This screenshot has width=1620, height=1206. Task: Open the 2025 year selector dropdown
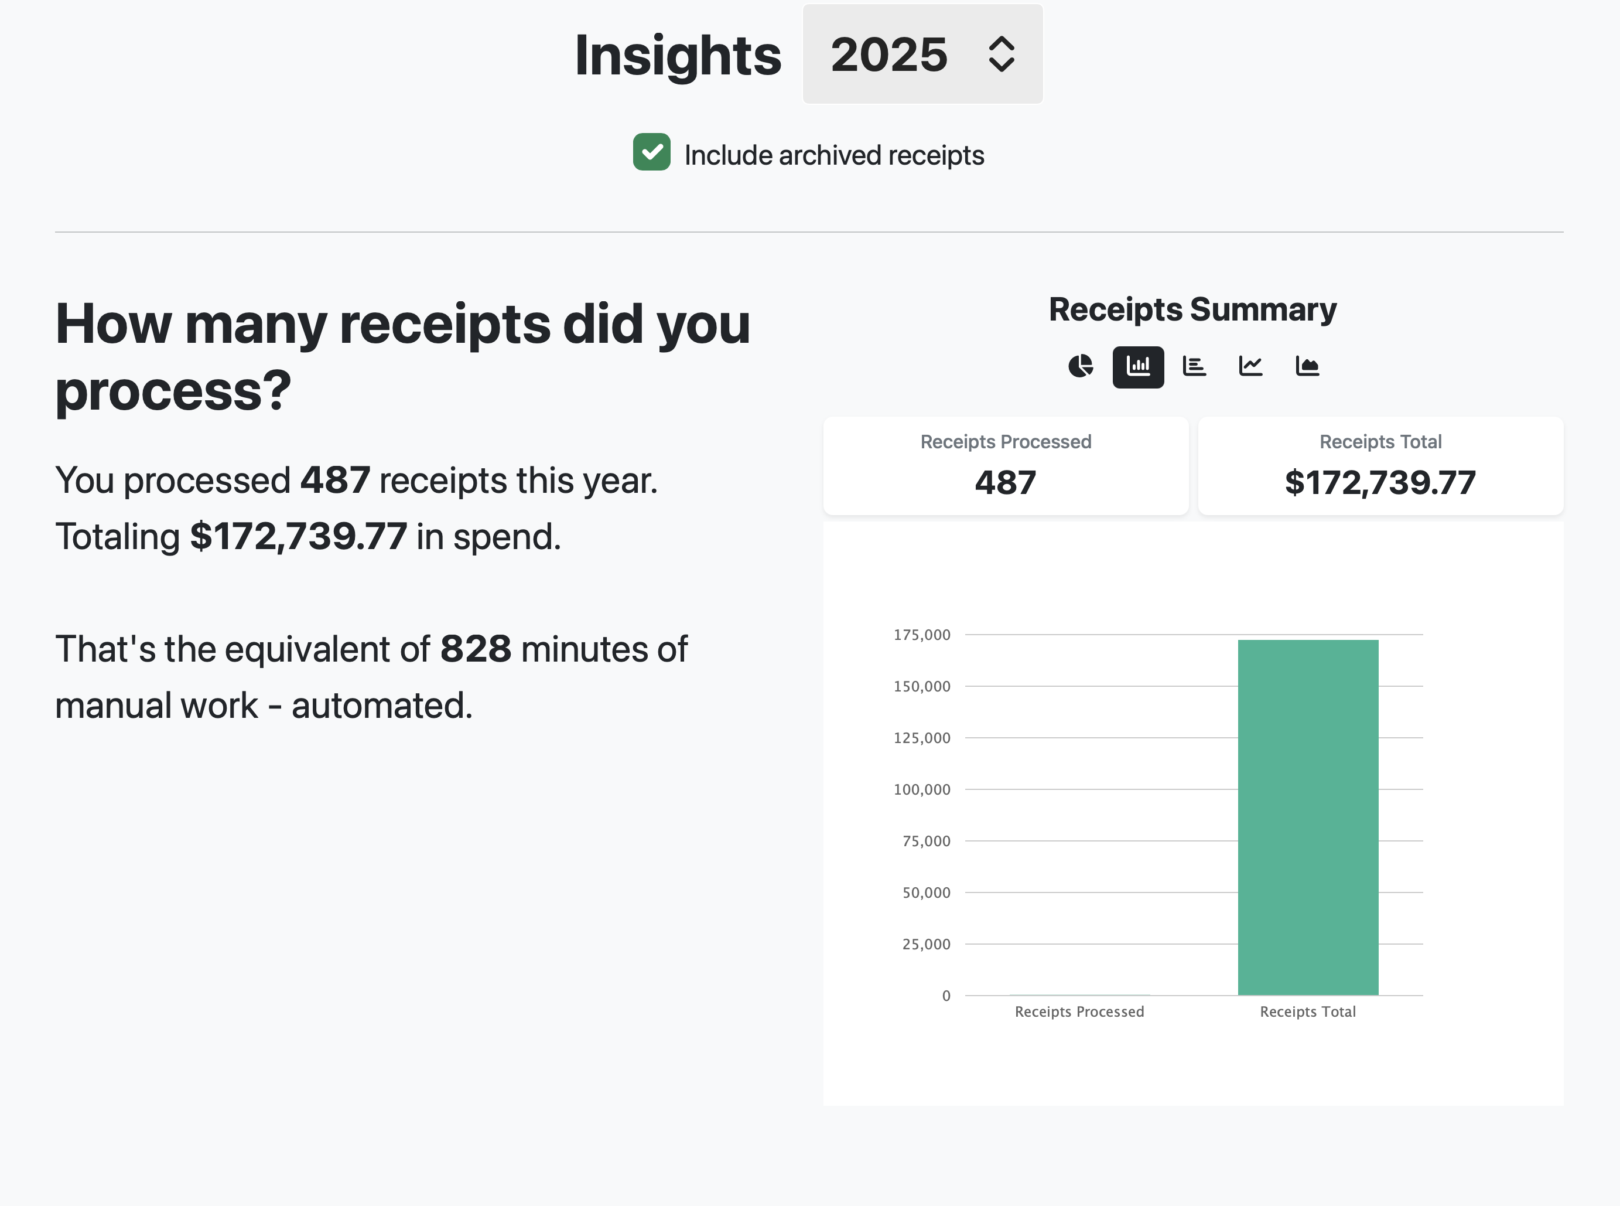tap(922, 54)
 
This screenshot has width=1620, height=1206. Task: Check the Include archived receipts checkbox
tap(652, 152)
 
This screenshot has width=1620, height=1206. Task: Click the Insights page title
tap(677, 56)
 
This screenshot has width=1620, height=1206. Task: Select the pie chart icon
tap(1081, 366)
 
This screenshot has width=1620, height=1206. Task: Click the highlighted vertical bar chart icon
tap(1137, 366)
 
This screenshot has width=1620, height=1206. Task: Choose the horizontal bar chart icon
tap(1194, 366)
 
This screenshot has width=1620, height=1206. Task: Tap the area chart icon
tap(1307, 366)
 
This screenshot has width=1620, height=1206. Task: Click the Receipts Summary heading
tap(1192, 309)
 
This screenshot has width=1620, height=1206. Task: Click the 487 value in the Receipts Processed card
tap(1006, 482)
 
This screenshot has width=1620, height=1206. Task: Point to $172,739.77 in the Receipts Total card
tap(1380, 482)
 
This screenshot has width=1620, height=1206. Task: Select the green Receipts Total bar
tap(1308, 817)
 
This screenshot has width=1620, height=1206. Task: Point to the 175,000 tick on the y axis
tap(922, 635)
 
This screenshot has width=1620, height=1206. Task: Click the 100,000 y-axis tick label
tap(922, 789)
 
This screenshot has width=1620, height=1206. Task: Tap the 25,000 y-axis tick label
tap(926, 944)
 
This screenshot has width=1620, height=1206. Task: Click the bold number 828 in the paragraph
tap(476, 649)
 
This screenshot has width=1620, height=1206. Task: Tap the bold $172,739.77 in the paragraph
tap(299, 537)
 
